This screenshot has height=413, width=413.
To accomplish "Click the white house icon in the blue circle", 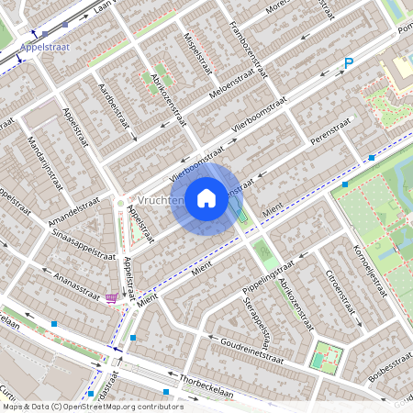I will click(x=206, y=198).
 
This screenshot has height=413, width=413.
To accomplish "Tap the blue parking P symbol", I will click(x=348, y=63).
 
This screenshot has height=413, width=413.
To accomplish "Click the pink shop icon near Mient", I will click(x=112, y=298).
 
